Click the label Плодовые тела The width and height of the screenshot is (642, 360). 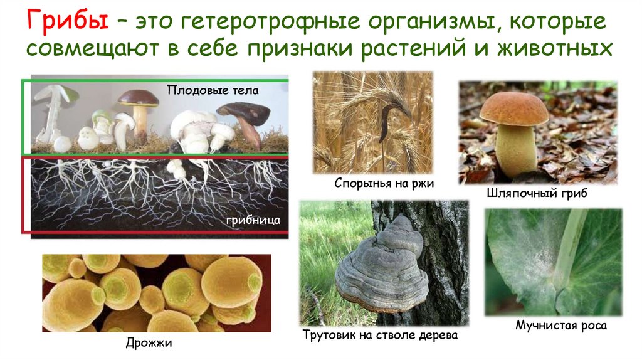213,90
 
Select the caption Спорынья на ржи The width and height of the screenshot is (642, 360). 384,183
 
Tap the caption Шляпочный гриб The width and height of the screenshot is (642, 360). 536,193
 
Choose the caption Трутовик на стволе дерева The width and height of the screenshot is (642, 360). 380,336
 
